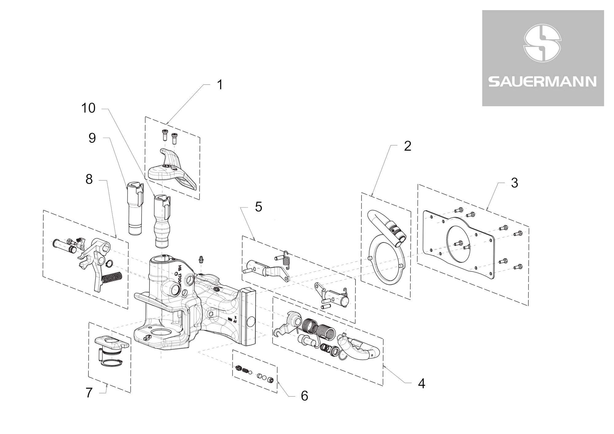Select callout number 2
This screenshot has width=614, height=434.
(x=407, y=146)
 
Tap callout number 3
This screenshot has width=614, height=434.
(x=515, y=183)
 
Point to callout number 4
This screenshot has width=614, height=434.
(x=422, y=383)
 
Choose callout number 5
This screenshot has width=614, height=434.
(x=258, y=207)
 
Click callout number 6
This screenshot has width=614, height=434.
(x=304, y=396)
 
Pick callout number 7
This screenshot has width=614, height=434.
(x=89, y=393)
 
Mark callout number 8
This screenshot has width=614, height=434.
(x=89, y=179)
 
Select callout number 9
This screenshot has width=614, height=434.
(x=92, y=138)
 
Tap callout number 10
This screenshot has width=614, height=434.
(x=88, y=108)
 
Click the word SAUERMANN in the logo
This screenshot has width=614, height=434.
(x=542, y=82)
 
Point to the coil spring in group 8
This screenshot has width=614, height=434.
(x=112, y=278)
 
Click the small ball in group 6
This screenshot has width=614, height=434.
(x=250, y=372)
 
